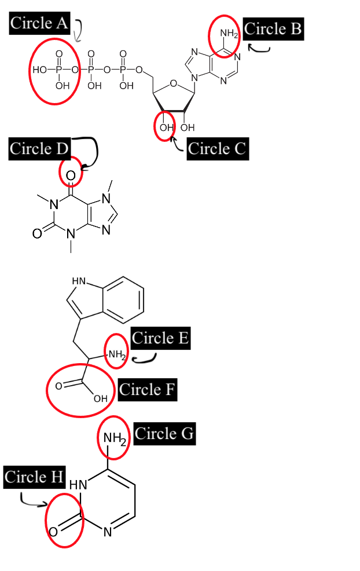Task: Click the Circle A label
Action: [39, 23]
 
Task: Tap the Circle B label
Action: [273, 29]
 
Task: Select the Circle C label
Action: [217, 149]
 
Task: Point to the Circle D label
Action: [39, 149]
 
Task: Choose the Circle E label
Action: [160, 338]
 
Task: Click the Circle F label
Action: [147, 390]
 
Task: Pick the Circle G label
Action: [164, 433]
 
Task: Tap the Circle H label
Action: [34, 477]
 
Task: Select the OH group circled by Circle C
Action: [166, 127]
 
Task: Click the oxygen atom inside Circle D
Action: [71, 175]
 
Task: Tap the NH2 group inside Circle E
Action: [116, 354]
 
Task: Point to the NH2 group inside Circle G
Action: [115, 439]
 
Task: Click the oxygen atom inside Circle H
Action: [53, 532]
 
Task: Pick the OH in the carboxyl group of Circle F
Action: [100, 398]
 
